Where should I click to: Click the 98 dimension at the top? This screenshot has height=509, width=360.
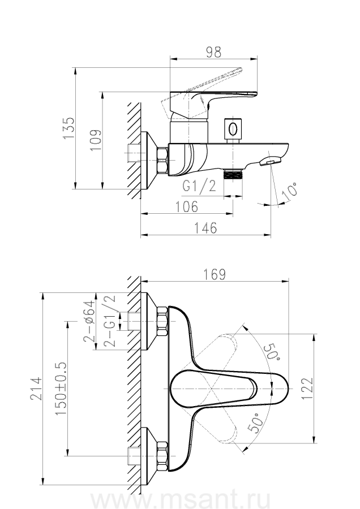(213, 51)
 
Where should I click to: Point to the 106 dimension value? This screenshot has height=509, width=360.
(186, 206)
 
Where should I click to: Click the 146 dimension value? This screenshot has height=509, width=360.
(206, 228)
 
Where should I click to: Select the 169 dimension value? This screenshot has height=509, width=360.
(214, 274)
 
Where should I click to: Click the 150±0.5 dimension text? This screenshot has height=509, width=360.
(61, 385)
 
